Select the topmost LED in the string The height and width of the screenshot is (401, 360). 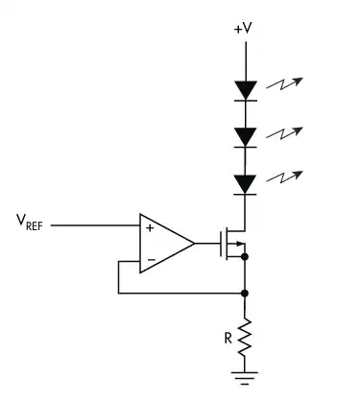click(x=247, y=90)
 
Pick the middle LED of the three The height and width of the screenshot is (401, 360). click(x=247, y=136)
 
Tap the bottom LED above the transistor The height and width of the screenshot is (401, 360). click(x=247, y=182)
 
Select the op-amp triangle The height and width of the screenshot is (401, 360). click(x=163, y=243)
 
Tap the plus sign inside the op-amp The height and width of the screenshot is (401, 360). click(x=149, y=228)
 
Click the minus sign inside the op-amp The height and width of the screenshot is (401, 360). click(x=149, y=259)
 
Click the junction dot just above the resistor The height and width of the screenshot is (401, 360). click(x=247, y=292)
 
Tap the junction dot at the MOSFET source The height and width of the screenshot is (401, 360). click(x=247, y=257)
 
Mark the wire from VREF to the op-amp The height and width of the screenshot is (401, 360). click(x=95, y=226)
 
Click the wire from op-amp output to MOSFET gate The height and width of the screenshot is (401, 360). click(x=205, y=244)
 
